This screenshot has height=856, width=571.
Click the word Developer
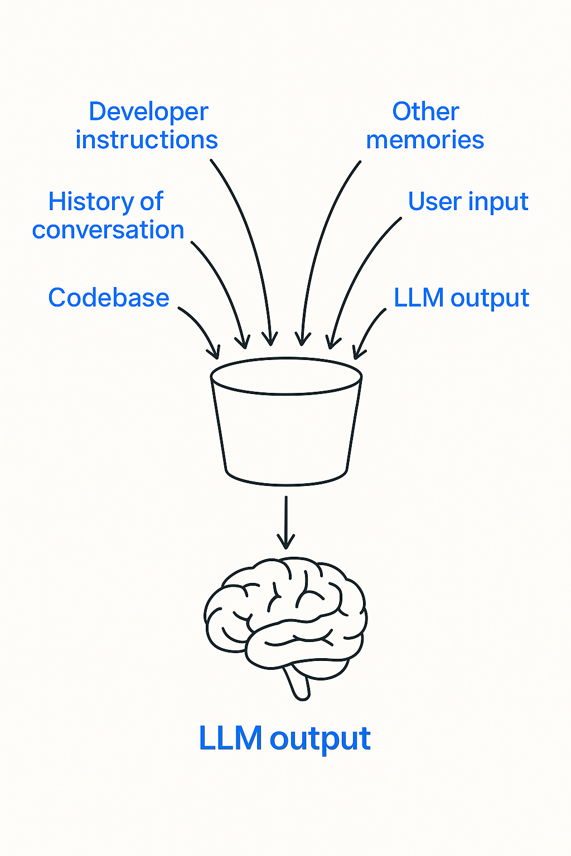pyautogui.click(x=148, y=113)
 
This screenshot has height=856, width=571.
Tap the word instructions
pyautogui.click(x=147, y=140)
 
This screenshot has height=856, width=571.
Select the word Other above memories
pyautogui.click(x=425, y=111)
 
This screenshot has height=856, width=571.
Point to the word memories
pyautogui.click(x=425, y=140)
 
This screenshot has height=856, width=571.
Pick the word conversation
pyautogui.click(x=108, y=230)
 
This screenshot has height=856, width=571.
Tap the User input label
pyautogui.click(x=468, y=202)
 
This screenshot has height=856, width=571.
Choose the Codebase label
pyautogui.click(x=109, y=298)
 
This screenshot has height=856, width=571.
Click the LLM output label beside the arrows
pyautogui.click(x=461, y=298)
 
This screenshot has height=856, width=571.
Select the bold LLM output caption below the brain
pyautogui.click(x=284, y=738)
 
